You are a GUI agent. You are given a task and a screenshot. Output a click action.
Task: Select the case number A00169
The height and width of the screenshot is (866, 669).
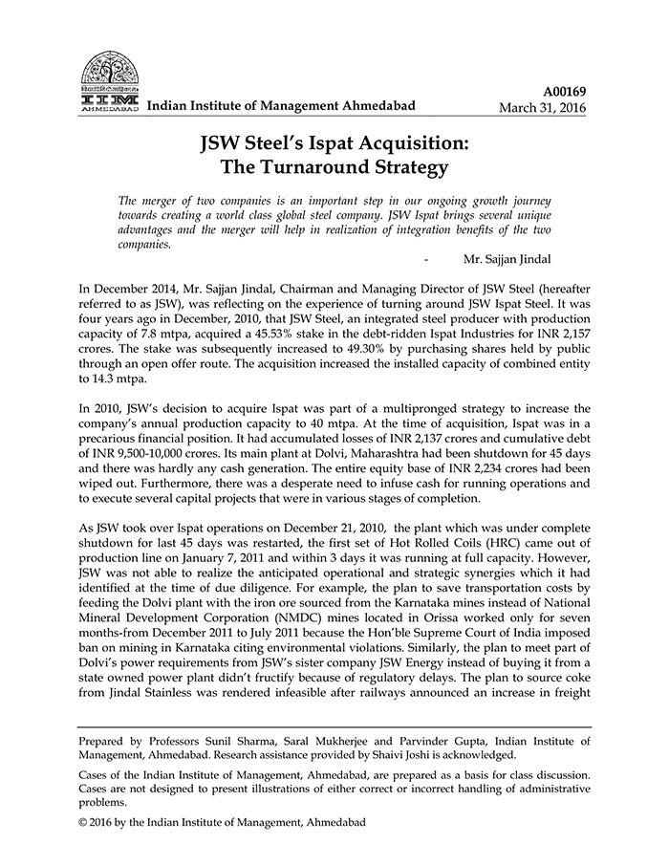pyautogui.click(x=565, y=92)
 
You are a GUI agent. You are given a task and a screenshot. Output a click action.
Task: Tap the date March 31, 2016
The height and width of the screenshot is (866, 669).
pyautogui.click(x=543, y=108)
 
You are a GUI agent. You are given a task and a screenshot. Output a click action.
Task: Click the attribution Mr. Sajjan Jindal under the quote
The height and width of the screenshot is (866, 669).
pyautogui.click(x=520, y=259)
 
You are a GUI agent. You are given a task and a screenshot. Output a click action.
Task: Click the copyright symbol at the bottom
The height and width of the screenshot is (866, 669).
pyautogui.click(x=84, y=822)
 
